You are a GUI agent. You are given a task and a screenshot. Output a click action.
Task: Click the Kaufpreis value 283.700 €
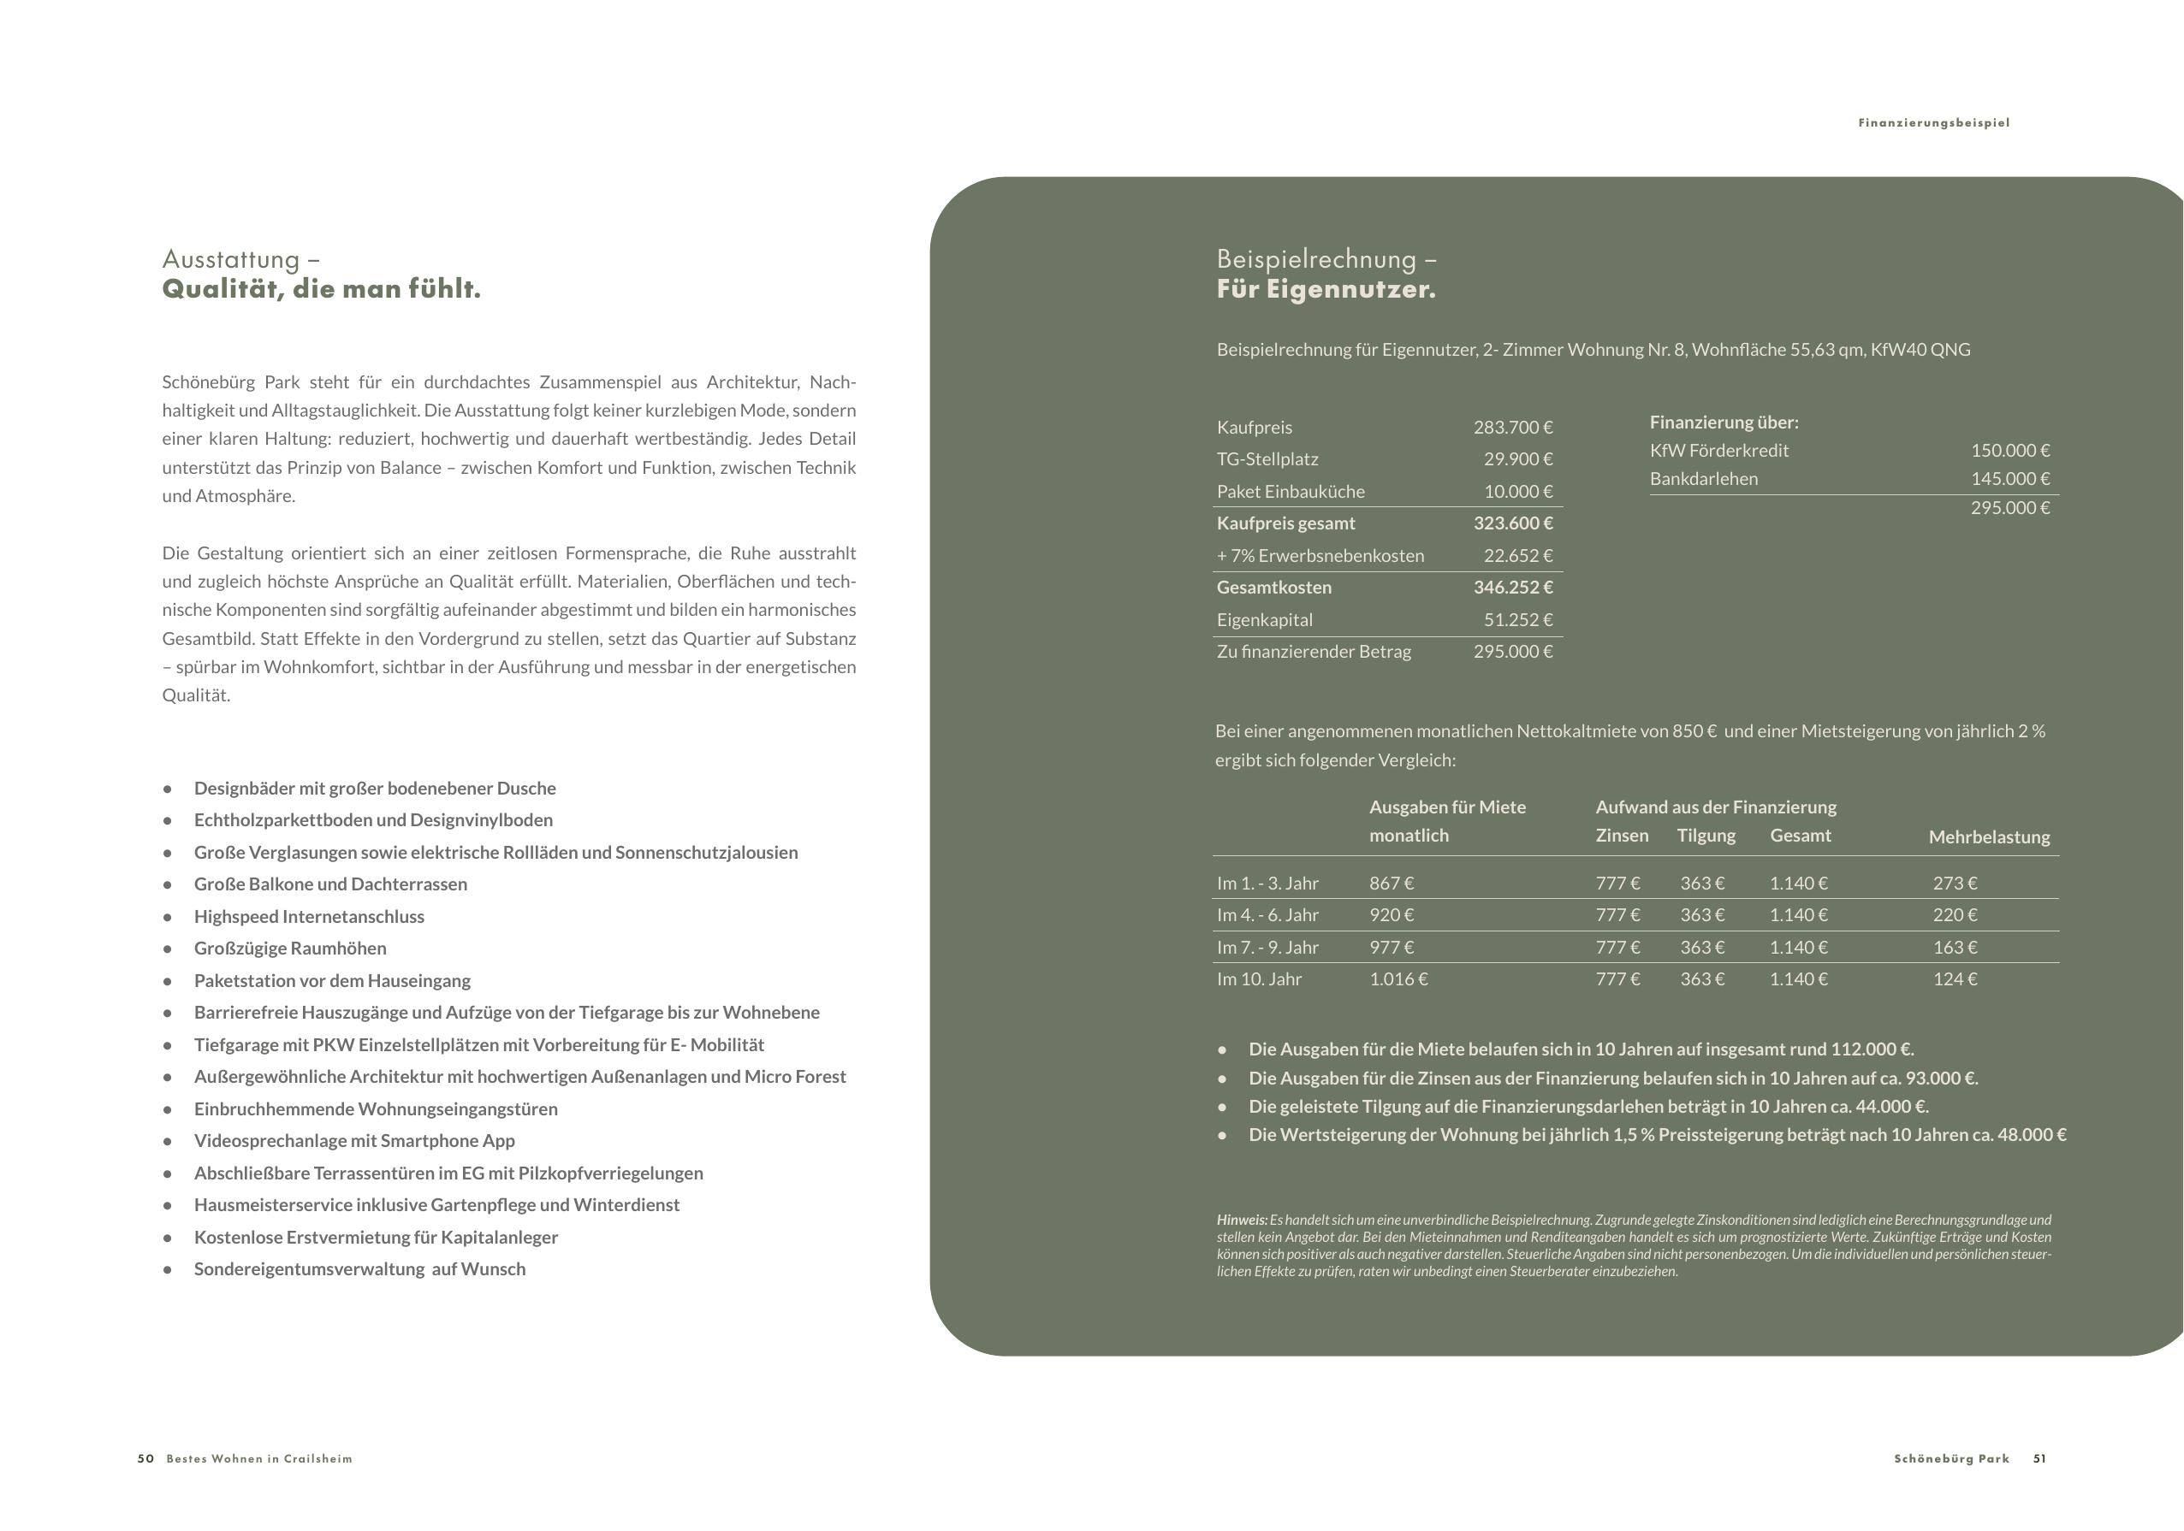(x=1512, y=428)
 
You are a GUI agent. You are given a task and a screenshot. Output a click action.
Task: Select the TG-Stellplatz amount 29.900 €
(x=1518, y=459)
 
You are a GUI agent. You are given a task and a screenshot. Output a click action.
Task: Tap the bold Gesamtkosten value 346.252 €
(x=1512, y=588)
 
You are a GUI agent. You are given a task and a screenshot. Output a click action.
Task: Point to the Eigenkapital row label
(x=1264, y=620)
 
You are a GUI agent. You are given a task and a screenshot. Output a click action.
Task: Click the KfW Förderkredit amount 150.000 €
(x=2010, y=451)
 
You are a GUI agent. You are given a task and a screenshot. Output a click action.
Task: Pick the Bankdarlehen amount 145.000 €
(x=2010, y=479)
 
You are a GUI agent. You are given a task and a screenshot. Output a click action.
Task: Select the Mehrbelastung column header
(x=1989, y=837)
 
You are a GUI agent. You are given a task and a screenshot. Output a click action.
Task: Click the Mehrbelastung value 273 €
(x=1955, y=884)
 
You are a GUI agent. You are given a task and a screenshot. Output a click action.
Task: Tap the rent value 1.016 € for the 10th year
(x=1398, y=979)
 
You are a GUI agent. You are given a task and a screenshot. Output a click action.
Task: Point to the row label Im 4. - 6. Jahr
(x=1267, y=915)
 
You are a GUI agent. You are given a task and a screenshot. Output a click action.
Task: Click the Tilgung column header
(x=1706, y=836)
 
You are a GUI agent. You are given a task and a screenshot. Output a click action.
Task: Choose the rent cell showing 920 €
(x=1392, y=915)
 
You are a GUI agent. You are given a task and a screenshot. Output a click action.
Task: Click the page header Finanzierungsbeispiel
(x=1934, y=122)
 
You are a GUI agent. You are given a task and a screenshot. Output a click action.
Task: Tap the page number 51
(x=2039, y=1459)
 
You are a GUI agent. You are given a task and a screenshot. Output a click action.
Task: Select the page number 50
(x=145, y=1459)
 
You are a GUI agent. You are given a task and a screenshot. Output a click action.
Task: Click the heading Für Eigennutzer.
(x=1326, y=289)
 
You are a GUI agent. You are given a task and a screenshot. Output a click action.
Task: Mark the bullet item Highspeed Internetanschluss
(x=309, y=917)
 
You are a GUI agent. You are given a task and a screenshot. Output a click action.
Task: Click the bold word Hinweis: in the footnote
(x=1242, y=1220)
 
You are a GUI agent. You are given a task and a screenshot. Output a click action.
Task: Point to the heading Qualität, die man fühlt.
(x=322, y=289)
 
